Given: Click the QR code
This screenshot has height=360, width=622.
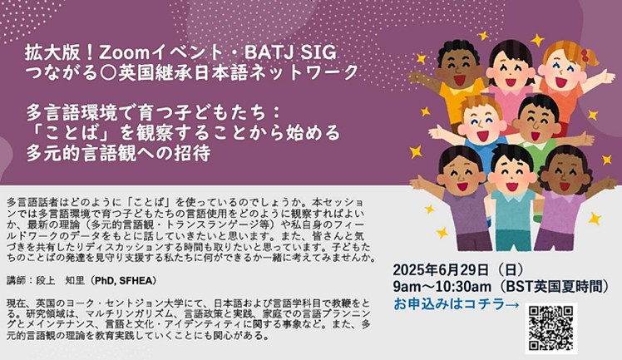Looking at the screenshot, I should click(551, 329).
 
